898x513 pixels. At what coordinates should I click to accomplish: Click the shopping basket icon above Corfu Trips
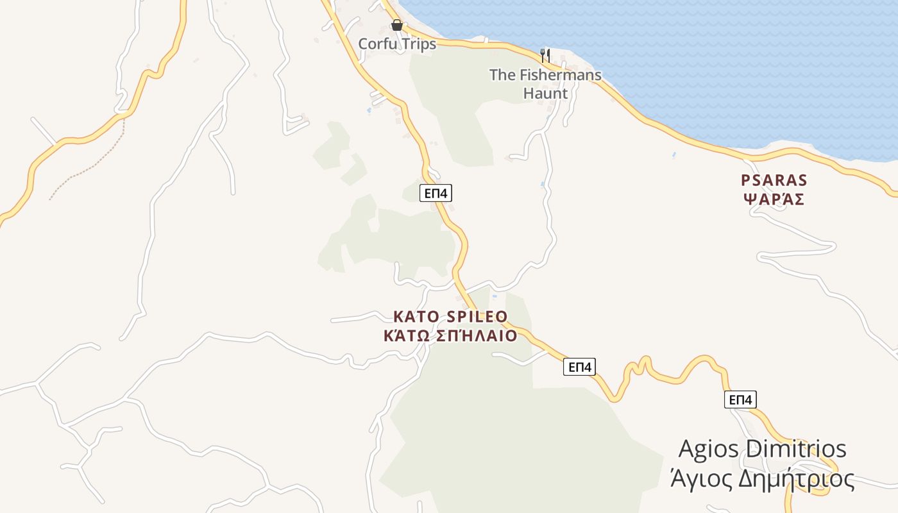[x=397, y=25]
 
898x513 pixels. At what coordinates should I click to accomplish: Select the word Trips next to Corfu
[x=418, y=44]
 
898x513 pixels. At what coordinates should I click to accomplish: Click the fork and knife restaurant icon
[x=545, y=55]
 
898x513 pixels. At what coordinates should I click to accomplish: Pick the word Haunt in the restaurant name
[x=545, y=94]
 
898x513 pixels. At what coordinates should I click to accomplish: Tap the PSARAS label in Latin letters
[x=774, y=180]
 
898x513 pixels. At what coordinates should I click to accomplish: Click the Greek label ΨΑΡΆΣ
[x=774, y=199]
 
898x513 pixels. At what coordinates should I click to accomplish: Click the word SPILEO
[x=476, y=317]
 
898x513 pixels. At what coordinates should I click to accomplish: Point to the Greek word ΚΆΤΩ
[x=405, y=336]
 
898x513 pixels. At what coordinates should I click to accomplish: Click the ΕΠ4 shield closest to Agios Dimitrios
[x=740, y=399]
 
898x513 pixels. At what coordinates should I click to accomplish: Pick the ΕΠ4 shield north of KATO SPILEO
[x=436, y=192]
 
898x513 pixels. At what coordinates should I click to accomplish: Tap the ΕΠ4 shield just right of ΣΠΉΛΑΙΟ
[x=579, y=367]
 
